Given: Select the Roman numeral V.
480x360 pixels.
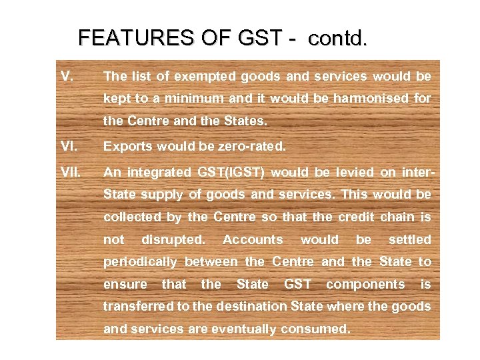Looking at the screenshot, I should [67, 75].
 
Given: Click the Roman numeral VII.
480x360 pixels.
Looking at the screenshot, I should [71, 171].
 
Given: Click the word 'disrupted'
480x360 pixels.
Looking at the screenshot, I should [173, 239].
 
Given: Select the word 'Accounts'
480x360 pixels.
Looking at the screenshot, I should [253, 239].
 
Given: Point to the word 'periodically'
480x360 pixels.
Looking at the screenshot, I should [140, 262].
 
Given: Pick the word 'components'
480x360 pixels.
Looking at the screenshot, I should [365, 284].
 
